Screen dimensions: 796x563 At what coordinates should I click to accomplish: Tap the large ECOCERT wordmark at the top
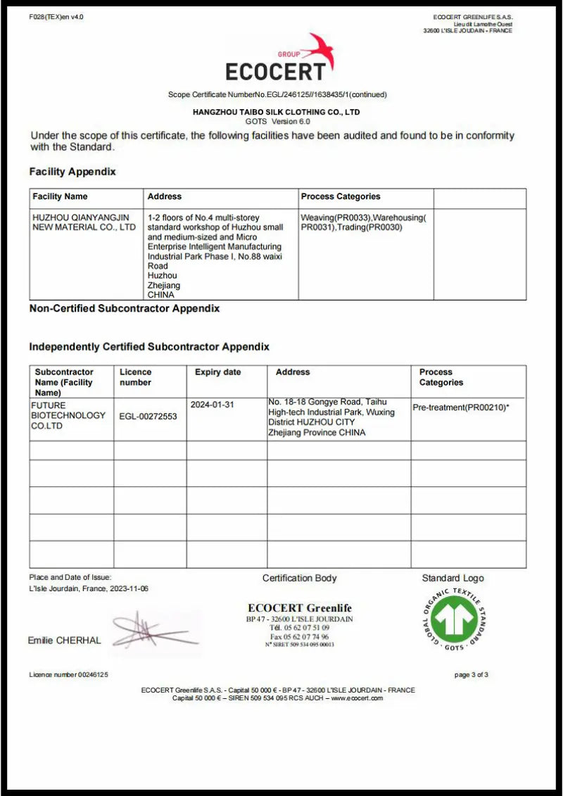point(276,71)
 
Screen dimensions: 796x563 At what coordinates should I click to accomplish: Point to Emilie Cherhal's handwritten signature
point(151,630)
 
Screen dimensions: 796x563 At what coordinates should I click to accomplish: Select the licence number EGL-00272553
point(148,416)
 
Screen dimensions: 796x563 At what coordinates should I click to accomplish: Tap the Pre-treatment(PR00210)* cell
point(460,408)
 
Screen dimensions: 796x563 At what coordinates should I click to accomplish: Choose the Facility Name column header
point(60,196)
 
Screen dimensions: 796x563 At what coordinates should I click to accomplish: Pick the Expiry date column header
point(217,372)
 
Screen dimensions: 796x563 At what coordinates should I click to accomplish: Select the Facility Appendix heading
point(72,172)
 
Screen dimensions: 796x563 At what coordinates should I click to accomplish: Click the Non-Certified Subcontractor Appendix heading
point(125,308)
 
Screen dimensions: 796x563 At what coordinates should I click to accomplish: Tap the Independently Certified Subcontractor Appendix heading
point(149,347)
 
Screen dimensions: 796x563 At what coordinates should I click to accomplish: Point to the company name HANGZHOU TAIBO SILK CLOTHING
point(276,112)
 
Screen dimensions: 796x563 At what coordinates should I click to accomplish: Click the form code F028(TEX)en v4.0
point(56,17)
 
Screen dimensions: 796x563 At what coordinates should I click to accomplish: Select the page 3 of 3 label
point(471,674)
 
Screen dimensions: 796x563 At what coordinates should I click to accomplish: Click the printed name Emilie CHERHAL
point(64,640)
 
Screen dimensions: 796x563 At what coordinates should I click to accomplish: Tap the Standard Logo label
point(453,578)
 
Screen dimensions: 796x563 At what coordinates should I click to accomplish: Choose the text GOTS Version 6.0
point(277,121)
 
